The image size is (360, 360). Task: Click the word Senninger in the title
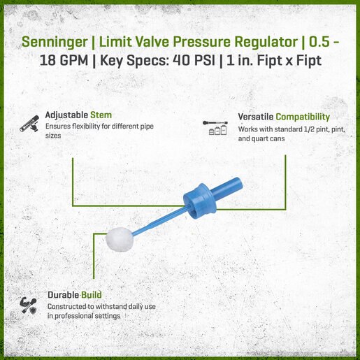[55, 43]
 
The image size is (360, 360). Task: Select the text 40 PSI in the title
[194, 61]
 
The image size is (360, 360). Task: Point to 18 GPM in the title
[64, 61]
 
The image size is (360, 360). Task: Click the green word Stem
[101, 115]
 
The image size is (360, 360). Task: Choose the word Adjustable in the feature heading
[66, 115]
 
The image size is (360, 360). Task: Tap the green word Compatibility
[303, 117]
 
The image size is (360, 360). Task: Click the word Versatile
[256, 117]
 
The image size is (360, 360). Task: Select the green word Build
[91, 295]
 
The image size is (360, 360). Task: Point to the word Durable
[63, 295]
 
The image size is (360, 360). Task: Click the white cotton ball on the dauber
[120, 240]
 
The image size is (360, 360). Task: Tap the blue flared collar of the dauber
[200, 201]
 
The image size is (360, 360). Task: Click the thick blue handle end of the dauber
[227, 189]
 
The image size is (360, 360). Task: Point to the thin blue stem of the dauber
[161, 222]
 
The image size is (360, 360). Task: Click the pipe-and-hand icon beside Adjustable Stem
[29, 124]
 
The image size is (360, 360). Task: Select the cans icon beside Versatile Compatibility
[215, 128]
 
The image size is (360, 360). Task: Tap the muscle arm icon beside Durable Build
[28, 305]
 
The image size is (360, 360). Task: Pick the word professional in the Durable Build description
[71, 316]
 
